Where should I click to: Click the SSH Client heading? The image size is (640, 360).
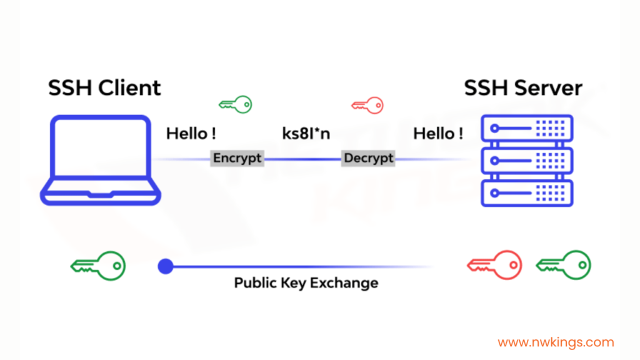(x=104, y=87)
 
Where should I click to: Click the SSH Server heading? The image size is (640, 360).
(x=523, y=87)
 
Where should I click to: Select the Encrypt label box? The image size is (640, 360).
(x=237, y=158)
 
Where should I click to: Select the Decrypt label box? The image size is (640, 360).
(x=369, y=158)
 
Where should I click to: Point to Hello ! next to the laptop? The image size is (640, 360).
(x=191, y=133)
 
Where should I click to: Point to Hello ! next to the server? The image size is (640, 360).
(x=438, y=133)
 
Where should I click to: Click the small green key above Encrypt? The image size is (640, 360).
(x=236, y=104)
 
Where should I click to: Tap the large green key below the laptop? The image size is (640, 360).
(x=98, y=266)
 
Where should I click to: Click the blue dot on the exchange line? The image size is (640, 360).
(x=165, y=267)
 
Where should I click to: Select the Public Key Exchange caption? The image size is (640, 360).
(x=306, y=282)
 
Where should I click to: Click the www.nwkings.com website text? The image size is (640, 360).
(x=556, y=342)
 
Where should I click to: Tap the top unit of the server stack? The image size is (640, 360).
(x=527, y=129)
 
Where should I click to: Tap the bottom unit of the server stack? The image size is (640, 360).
(x=527, y=192)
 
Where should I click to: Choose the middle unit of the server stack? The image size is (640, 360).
(x=527, y=161)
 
